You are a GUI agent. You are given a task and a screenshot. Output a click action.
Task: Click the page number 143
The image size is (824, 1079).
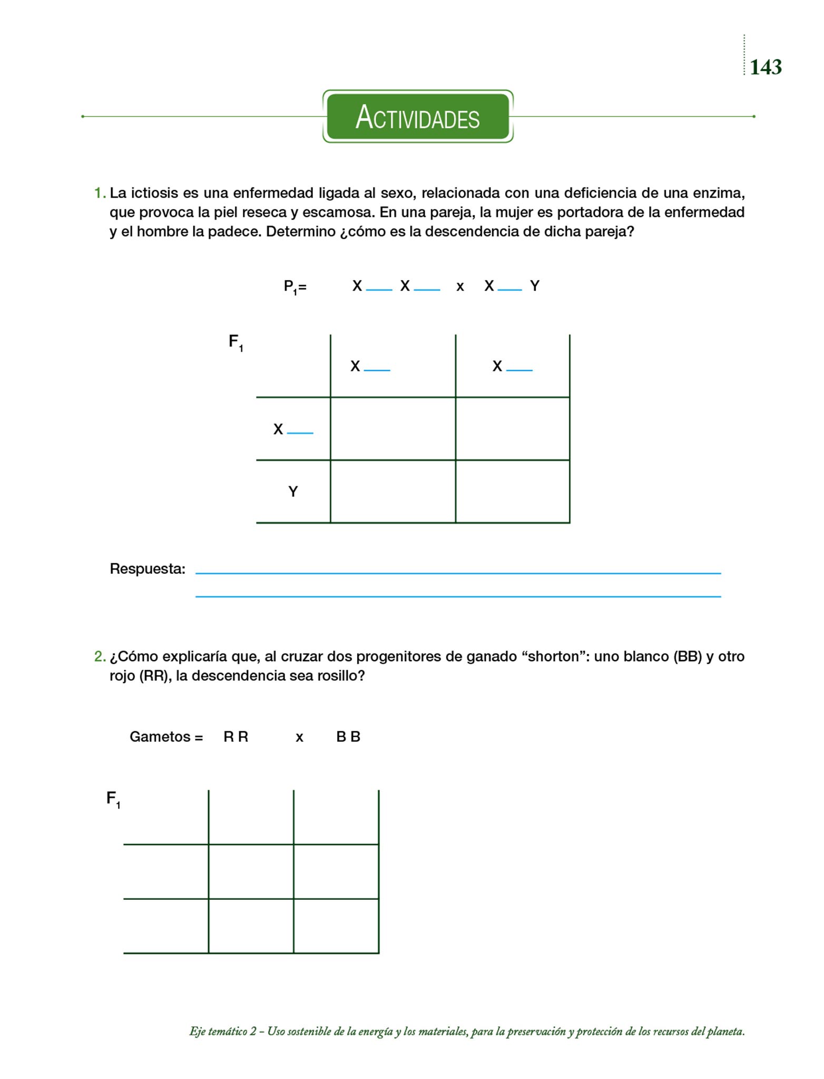[x=766, y=67]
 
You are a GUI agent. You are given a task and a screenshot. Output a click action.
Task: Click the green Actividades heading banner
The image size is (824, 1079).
[x=418, y=116]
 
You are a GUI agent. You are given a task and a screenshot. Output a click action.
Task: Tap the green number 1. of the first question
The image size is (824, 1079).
[x=100, y=193]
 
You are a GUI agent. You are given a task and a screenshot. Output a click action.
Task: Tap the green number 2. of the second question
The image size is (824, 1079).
[x=100, y=656]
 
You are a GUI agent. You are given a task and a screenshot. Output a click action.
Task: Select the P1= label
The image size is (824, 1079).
[x=295, y=287]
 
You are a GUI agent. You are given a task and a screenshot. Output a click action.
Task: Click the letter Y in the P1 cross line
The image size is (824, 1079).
[x=535, y=286]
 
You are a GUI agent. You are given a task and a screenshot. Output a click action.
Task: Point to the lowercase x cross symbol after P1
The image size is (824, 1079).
[x=460, y=287]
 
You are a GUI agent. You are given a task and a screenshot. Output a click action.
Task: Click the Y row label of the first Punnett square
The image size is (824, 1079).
[x=293, y=492]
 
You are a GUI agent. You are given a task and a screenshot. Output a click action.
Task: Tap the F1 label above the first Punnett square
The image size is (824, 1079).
[x=236, y=342]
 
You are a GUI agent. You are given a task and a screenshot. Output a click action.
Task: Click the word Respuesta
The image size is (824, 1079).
[x=148, y=569]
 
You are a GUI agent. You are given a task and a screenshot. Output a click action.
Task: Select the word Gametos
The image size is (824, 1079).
[x=160, y=737]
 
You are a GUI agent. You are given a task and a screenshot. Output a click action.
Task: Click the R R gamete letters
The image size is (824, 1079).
[x=236, y=737]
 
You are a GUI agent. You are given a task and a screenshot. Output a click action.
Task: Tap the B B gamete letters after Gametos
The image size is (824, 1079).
[x=348, y=737]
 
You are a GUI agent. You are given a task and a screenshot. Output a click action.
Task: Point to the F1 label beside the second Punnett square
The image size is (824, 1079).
[x=113, y=799]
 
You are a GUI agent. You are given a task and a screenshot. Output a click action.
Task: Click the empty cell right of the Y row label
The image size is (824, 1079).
[x=393, y=492]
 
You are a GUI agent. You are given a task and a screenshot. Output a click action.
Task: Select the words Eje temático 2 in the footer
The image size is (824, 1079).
[x=222, y=1032]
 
